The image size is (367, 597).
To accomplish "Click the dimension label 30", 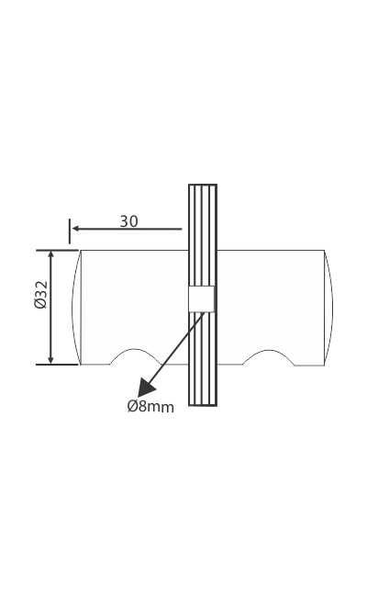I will [128, 221].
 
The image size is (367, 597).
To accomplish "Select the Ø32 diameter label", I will [40, 295].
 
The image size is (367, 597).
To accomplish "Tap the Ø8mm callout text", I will [150, 407].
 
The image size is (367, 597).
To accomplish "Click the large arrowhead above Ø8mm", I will [147, 387].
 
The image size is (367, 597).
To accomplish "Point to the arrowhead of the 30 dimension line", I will [76, 229].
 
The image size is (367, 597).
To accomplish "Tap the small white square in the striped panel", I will [202, 298].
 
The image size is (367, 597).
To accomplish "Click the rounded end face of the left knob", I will [76, 308].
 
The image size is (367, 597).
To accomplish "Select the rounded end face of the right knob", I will [328, 308].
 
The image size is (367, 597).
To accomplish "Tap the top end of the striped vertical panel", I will [203, 186].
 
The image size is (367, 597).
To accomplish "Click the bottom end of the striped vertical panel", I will [203, 403].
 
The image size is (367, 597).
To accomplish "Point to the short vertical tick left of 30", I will [69, 231].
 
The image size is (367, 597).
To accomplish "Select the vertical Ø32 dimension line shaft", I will [50, 321].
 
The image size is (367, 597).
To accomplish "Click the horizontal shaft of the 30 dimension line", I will [138, 229].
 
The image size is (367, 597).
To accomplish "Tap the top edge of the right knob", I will [271, 250].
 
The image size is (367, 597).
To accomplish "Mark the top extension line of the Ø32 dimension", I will [57, 250].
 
